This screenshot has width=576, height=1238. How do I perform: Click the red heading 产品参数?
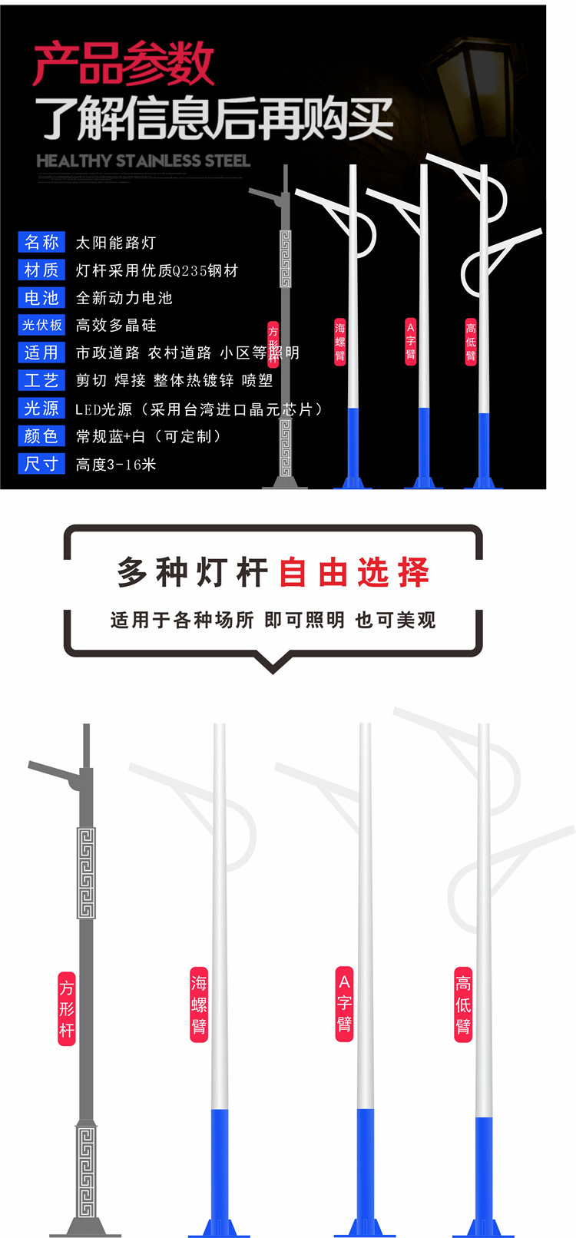(x=123, y=65)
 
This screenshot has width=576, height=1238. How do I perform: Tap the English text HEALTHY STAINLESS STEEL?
(x=143, y=161)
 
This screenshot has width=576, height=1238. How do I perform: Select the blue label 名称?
(x=41, y=243)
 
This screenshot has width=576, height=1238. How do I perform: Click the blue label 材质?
(x=41, y=270)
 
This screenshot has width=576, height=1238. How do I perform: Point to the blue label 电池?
(x=41, y=298)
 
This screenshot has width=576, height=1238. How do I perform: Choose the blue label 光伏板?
(x=41, y=325)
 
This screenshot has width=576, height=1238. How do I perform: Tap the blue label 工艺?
(x=41, y=380)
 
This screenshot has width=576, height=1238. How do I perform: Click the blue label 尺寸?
(x=41, y=464)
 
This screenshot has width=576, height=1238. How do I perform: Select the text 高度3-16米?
(x=116, y=464)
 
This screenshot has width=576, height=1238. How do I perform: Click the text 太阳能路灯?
(x=116, y=243)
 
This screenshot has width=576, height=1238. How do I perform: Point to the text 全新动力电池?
(x=124, y=298)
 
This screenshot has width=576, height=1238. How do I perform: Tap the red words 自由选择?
(x=354, y=573)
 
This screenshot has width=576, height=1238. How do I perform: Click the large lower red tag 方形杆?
(x=67, y=1008)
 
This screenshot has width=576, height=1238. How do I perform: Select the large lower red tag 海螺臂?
(x=199, y=1005)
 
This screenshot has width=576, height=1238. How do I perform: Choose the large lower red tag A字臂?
(x=344, y=1003)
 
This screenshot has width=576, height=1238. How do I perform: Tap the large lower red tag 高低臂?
(x=463, y=1005)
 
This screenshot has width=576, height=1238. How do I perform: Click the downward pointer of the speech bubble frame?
(x=273, y=661)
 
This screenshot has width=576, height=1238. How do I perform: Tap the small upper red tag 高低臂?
(x=471, y=343)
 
